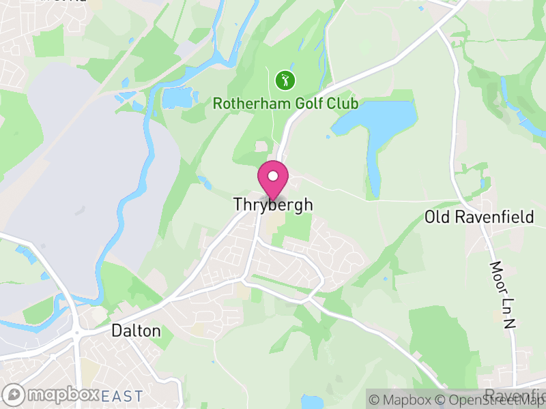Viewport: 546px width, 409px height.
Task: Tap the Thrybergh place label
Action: (x=273, y=204)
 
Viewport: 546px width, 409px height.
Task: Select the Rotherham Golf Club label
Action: (x=285, y=104)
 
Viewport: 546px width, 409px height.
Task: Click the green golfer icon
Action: (x=285, y=80)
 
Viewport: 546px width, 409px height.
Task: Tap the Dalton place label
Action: (x=136, y=331)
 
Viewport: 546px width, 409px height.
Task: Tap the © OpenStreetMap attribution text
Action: (x=491, y=399)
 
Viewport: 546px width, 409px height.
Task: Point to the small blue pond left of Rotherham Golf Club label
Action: (x=176, y=100)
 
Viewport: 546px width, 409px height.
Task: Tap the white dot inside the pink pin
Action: (x=273, y=176)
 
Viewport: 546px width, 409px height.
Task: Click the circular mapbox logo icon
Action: (x=14, y=395)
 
